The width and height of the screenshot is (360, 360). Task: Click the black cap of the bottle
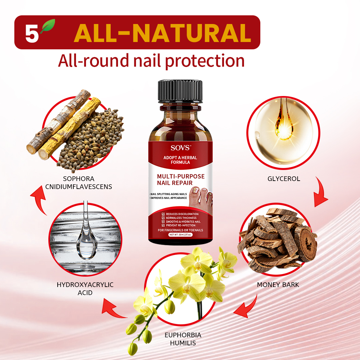[x=180, y=91]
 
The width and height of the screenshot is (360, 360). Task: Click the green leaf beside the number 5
[x=48, y=27]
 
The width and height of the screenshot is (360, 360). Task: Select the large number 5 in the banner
[x=32, y=33]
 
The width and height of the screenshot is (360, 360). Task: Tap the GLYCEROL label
[x=284, y=179]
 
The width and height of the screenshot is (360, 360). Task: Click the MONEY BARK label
[x=278, y=285]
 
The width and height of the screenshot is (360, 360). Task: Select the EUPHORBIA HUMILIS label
[x=183, y=339]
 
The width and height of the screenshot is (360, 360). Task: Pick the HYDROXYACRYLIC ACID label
[x=85, y=289]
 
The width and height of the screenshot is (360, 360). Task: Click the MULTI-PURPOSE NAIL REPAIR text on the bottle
[x=180, y=179]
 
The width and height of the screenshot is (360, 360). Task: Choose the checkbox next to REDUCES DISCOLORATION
[x=163, y=214]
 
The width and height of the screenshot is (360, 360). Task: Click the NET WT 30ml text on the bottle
[x=180, y=235]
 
